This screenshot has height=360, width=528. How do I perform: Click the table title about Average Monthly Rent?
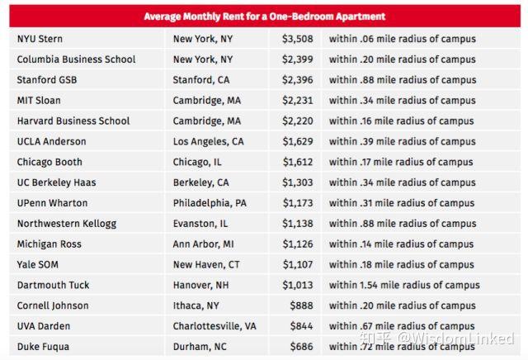tap(264, 17)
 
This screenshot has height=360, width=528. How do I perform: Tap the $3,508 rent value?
tap(297, 39)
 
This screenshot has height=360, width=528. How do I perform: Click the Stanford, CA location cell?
tap(200, 80)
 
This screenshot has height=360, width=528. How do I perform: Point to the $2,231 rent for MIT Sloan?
tap(297, 101)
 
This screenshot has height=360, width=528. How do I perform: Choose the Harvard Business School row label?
tap(73, 121)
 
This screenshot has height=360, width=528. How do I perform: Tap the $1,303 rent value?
tap(297, 182)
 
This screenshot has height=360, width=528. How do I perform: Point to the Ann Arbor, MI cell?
tap(203, 244)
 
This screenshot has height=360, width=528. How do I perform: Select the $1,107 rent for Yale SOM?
tap(297, 264)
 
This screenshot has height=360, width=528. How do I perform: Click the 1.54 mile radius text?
tap(403, 285)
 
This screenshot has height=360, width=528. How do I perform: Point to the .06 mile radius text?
tap(402, 39)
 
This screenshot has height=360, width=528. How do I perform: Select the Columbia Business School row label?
tap(76, 59)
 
